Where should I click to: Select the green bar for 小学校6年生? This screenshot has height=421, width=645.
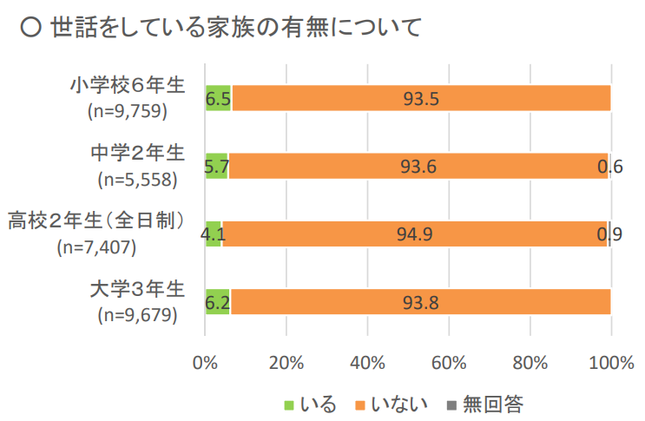[218, 98]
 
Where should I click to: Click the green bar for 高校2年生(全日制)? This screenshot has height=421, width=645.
[214, 234]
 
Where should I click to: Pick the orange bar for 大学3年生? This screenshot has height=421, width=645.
[420, 301]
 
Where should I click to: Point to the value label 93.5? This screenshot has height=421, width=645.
[421, 98]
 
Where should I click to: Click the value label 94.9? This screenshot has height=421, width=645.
[414, 234]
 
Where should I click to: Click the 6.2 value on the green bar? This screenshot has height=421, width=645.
[217, 301]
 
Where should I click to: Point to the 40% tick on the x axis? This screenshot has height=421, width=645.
[367, 362]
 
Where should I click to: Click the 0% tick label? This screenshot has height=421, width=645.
[205, 362]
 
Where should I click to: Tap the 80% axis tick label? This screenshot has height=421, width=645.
[530, 362]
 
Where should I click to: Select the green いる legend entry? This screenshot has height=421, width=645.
[309, 404]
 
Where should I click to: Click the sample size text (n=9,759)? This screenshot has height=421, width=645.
[127, 111]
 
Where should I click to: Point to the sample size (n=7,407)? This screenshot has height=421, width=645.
[95, 247]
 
